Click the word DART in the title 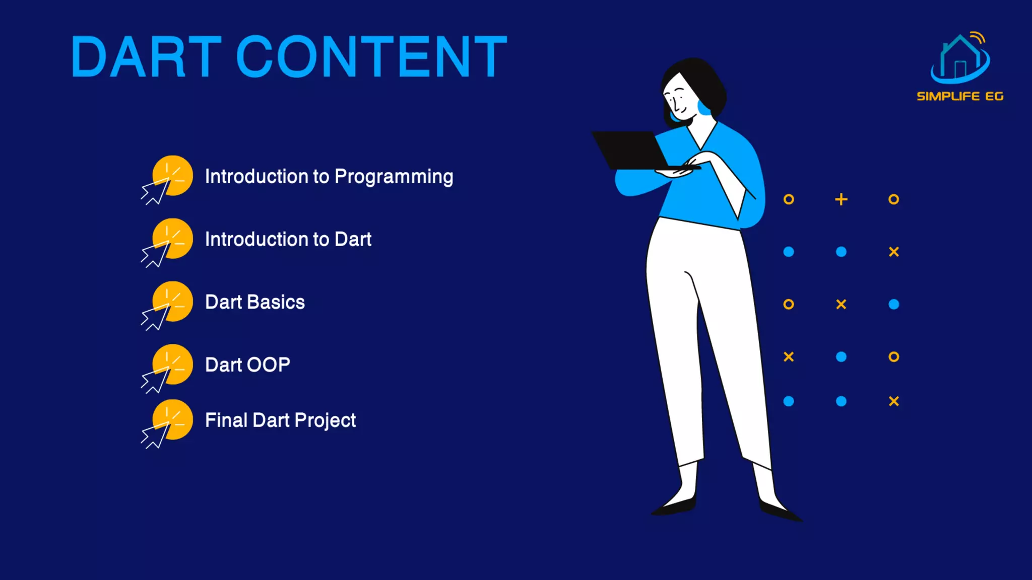pyautogui.click(x=146, y=57)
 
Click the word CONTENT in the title pyautogui.click(x=371, y=57)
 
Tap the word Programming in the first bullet pyautogui.click(x=394, y=177)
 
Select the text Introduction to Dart pyautogui.click(x=288, y=239)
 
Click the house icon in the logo pyautogui.click(x=960, y=58)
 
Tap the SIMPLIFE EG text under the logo pyautogui.click(x=960, y=96)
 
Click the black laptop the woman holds pyautogui.click(x=632, y=150)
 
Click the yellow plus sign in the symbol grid pyautogui.click(x=841, y=199)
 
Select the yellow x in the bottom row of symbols pyautogui.click(x=893, y=401)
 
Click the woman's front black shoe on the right pyautogui.click(x=779, y=511)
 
